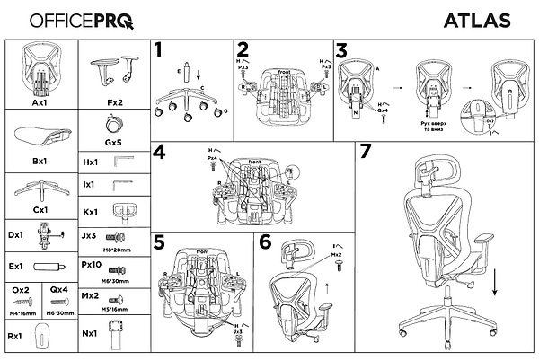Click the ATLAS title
point(477,20)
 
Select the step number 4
point(159,152)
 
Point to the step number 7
point(365,151)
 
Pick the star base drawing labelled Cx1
point(40,189)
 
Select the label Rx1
point(14,336)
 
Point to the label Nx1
point(90,334)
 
